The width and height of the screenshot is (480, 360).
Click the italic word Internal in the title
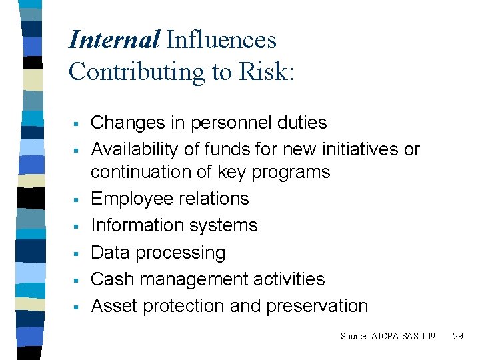[114, 40]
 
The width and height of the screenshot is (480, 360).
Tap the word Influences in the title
[221, 40]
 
